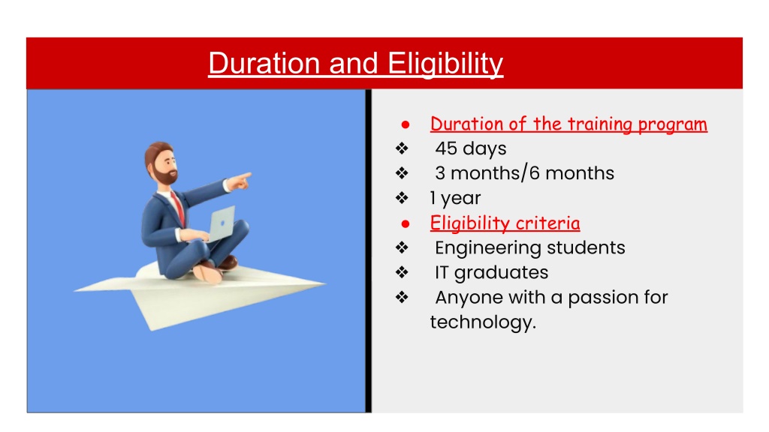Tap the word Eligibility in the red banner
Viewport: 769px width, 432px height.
point(445,64)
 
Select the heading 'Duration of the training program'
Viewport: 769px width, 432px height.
point(568,124)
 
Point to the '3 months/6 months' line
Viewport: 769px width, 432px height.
point(524,173)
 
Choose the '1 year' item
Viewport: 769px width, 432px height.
point(455,198)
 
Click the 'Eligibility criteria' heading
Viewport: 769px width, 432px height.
point(505,223)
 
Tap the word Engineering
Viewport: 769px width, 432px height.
point(488,248)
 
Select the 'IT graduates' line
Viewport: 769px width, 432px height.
point(491,273)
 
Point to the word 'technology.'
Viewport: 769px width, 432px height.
point(483,322)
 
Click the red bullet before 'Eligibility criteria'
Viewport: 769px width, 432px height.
point(405,224)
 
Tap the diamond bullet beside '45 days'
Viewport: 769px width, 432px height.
point(403,148)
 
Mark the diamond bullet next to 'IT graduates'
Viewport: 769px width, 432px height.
point(403,272)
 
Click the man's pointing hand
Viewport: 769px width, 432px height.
point(240,181)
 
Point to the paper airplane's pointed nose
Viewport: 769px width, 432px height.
point(324,283)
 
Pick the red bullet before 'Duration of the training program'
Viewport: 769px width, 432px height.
point(405,125)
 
